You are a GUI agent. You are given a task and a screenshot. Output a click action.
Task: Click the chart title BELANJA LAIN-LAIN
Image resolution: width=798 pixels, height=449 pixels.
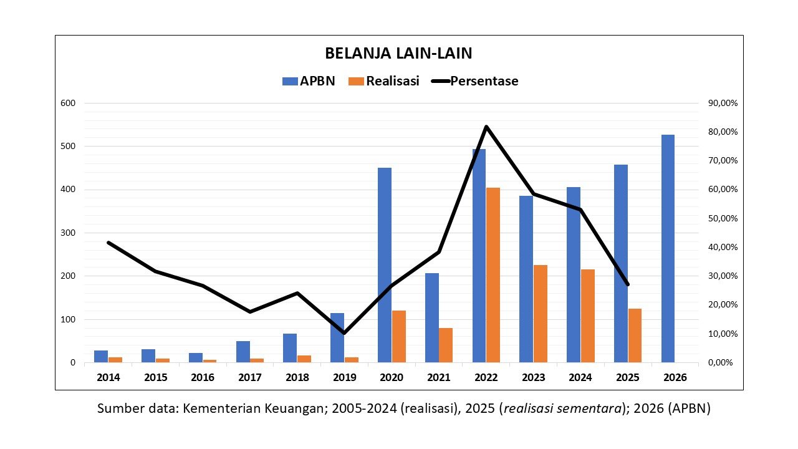coord(398,53)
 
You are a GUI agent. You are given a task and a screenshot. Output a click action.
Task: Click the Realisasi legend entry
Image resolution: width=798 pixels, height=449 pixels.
coord(384,81)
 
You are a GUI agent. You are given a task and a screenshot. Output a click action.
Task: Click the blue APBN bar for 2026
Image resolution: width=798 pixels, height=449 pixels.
coord(668,249)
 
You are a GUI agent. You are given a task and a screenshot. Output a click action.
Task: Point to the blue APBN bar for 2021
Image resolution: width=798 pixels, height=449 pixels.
coord(432,318)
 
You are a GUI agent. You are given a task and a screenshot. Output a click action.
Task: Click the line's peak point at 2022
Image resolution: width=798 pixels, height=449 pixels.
coord(486,127)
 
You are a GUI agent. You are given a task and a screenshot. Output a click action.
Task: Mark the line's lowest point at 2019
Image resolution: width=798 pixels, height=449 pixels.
coord(344,333)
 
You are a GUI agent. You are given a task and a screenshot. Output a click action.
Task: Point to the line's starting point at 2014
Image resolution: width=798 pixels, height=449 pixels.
coord(108,243)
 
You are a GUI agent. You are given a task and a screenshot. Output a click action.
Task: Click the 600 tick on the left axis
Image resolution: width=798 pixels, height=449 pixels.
coord(68,103)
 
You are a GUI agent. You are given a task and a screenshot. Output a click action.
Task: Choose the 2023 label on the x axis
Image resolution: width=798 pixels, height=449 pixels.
coord(533,378)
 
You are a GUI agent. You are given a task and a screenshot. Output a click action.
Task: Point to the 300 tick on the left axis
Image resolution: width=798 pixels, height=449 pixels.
coord(68,233)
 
